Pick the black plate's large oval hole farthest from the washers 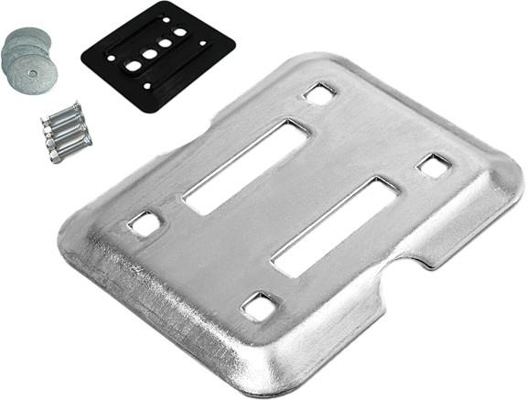[x=180, y=33]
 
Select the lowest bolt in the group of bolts [x=70, y=146]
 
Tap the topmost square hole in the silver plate [x=319, y=93]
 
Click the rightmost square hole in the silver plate [x=433, y=166]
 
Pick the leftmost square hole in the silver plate [x=144, y=222]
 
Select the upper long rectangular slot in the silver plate [x=247, y=167]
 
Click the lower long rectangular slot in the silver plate [x=334, y=226]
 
